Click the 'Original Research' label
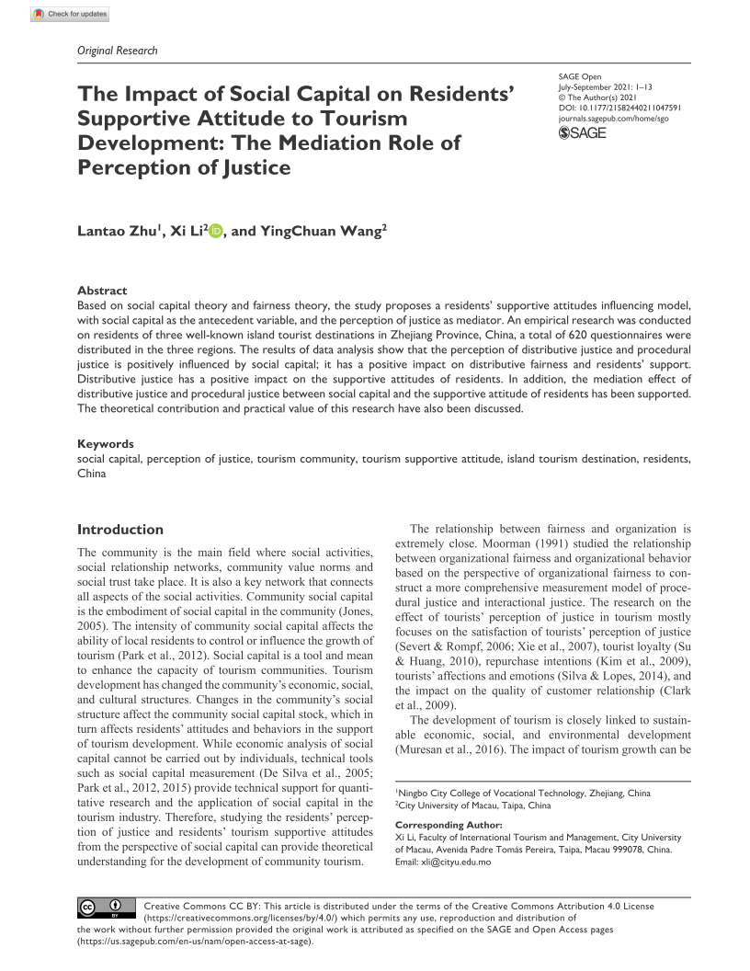[x=117, y=51]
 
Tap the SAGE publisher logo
[x=583, y=133]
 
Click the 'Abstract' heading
[x=102, y=291]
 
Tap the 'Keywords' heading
[x=105, y=443]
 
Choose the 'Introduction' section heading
[x=120, y=530]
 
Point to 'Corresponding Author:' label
[x=449, y=826]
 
